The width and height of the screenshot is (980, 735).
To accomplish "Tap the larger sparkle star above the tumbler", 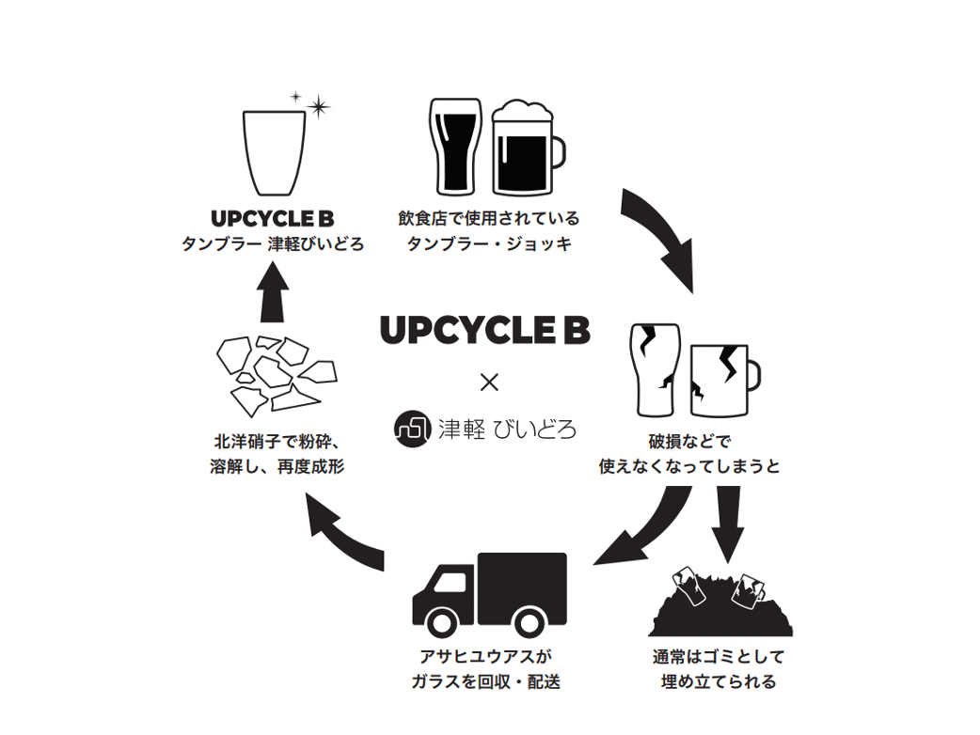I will click(x=319, y=107).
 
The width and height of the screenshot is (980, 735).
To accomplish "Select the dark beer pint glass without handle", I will click(x=455, y=146).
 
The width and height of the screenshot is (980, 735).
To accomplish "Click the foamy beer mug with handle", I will click(x=523, y=150).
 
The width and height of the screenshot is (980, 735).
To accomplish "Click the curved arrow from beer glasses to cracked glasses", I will click(x=662, y=235).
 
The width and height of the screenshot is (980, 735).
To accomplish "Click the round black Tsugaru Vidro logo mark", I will click(x=411, y=429).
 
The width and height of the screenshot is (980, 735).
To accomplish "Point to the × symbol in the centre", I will click(x=489, y=383).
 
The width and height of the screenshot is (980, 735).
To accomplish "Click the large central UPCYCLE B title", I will click(x=484, y=330).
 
